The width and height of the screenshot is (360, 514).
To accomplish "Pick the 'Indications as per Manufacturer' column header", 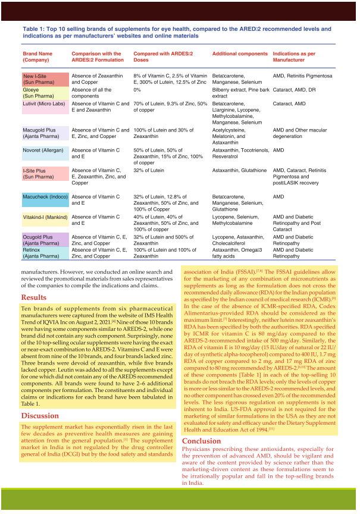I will tap(296, 57).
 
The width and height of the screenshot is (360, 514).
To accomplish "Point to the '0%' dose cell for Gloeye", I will tap(137, 90).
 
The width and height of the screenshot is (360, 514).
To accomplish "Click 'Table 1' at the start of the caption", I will tap(35, 29).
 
